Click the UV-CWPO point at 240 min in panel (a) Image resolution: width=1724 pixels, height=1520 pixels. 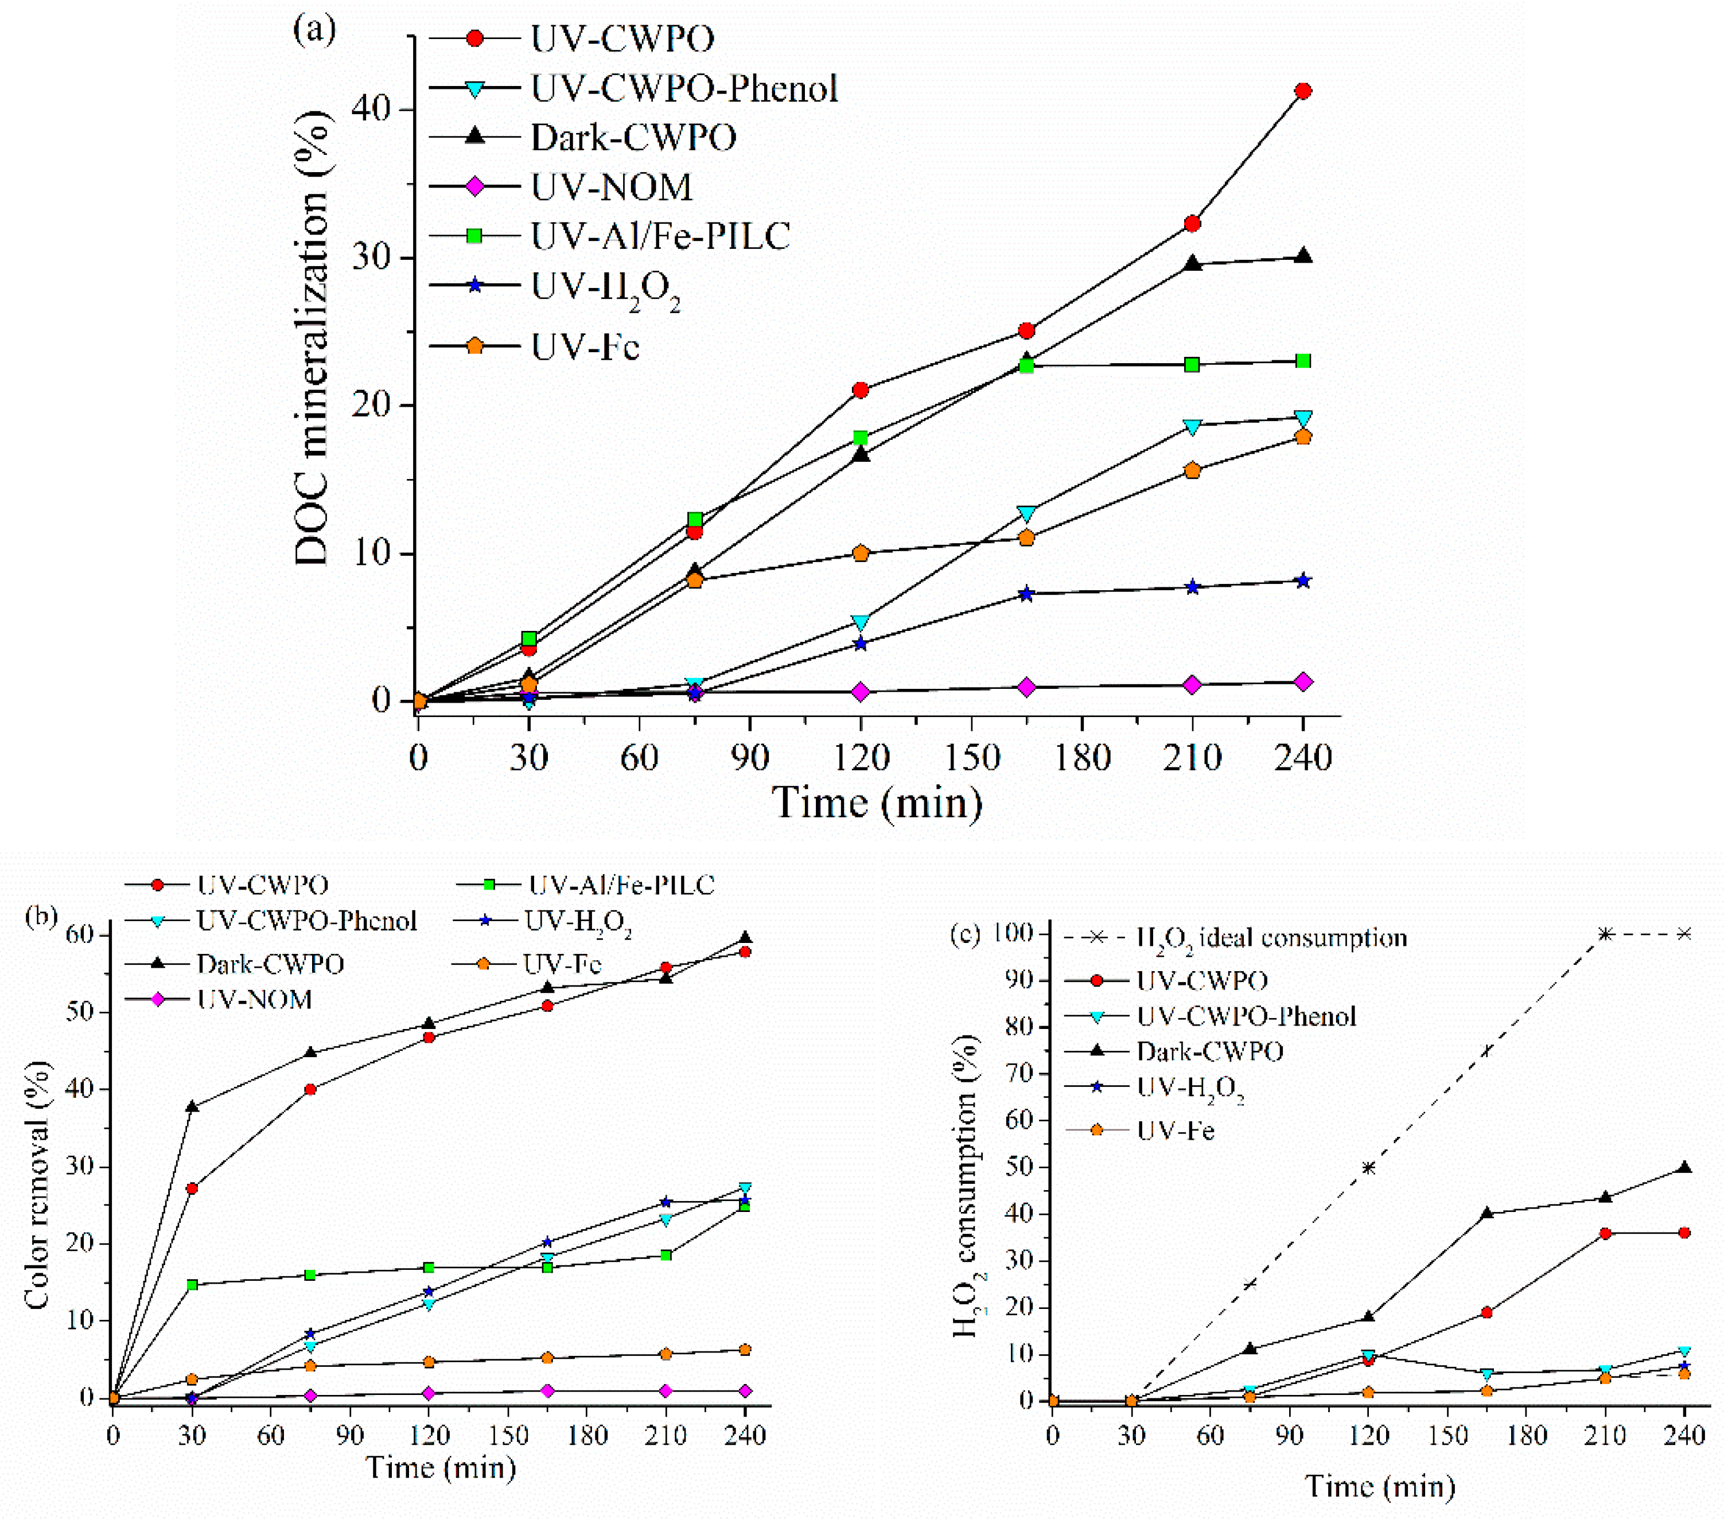1302,91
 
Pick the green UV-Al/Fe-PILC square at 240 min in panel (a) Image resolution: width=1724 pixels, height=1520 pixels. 1302,361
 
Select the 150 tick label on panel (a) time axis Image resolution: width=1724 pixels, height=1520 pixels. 972,757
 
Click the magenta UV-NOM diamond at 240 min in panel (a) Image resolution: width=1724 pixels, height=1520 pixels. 1302,682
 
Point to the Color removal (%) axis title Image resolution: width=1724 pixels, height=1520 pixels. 37,1184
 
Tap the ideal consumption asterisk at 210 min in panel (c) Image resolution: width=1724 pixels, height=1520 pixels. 1605,934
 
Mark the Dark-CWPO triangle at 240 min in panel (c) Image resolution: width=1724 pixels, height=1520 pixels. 1684,1168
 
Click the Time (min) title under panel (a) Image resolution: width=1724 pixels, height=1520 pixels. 877,802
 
